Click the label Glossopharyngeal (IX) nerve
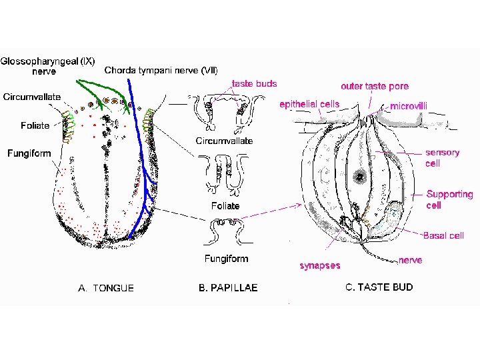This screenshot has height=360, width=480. (x=47, y=65)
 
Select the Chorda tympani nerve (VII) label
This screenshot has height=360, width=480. (x=161, y=70)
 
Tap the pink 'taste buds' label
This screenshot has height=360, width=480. (x=254, y=84)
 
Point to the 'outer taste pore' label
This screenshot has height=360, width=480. (x=375, y=86)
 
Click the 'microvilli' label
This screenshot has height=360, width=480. (x=409, y=105)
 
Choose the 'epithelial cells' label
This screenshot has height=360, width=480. (x=309, y=104)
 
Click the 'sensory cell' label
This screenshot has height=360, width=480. (x=442, y=157)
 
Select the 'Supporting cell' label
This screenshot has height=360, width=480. (x=449, y=199)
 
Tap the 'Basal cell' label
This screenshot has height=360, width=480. (x=443, y=235)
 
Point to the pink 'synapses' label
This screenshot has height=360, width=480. (x=320, y=265)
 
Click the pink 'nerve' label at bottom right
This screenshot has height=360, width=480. (x=411, y=260)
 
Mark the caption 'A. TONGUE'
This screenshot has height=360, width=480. (x=106, y=288)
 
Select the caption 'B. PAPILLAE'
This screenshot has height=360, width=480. (x=228, y=288)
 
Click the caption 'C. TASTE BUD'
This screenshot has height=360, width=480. (x=379, y=287)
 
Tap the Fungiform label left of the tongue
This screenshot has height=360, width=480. (x=29, y=153)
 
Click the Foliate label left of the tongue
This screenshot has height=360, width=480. (x=35, y=125)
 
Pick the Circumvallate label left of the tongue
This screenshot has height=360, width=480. (x=32, y=97)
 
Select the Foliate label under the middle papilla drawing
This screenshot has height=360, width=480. (x=225, y=206)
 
